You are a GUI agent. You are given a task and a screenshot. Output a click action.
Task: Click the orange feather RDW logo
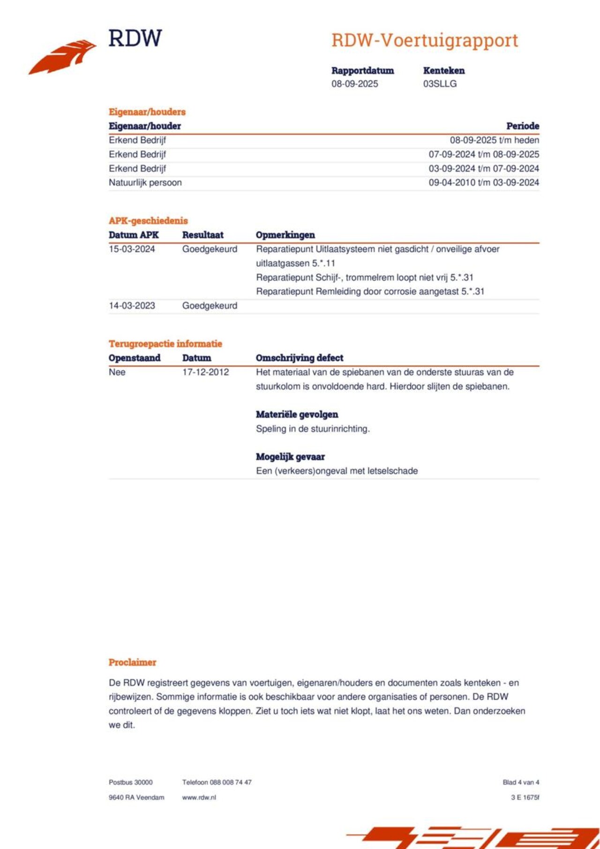(62, 57)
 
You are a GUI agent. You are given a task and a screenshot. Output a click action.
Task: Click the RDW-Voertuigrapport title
(425, 41)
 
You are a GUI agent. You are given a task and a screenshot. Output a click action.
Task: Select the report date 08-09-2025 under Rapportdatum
(354, 84)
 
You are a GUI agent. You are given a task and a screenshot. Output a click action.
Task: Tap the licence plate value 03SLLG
(440, 84)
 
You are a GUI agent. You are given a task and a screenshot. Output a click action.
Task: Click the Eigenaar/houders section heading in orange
(147, 112)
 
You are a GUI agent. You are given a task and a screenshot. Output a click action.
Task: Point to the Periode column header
(522, 126)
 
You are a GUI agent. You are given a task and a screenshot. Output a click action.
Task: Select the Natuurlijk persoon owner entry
(145, 183)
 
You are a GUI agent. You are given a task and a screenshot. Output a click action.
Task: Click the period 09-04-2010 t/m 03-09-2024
(483, 183)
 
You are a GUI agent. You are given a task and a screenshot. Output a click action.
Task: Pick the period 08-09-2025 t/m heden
(494, 140)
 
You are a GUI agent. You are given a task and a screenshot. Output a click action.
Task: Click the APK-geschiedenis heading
(148, 221)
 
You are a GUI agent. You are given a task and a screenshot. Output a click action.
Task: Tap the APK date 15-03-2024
(132, 249)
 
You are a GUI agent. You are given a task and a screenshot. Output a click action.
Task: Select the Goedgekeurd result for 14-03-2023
(210, 306)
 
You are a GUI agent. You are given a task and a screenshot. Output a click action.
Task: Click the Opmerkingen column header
(285, 235)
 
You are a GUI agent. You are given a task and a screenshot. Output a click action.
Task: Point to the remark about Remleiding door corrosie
(370, 291)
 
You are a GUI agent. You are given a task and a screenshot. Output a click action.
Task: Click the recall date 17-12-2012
(205, 372)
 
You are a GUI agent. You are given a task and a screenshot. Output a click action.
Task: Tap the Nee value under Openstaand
(117, 372)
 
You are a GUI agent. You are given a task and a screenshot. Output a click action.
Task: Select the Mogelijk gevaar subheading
(290, 457)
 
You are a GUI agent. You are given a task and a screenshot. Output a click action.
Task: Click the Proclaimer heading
(132, 663)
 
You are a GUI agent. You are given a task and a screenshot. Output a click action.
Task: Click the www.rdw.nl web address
(199, 797)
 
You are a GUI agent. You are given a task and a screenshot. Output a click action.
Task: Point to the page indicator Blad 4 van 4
(521, 782)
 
